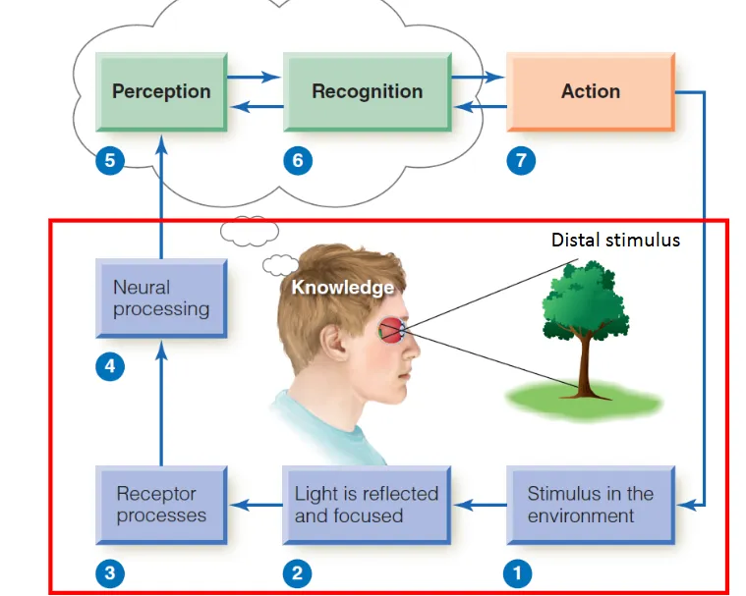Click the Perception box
161,91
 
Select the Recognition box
367,91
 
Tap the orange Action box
590,91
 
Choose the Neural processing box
161,298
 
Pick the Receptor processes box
161,505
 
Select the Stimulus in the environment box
590,505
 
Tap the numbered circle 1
517,572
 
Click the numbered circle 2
296,572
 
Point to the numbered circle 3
110,572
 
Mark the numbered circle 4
110,367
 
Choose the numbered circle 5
110,160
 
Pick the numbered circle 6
297,160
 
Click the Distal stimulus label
615,240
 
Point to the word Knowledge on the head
342,288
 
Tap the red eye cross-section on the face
390,331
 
